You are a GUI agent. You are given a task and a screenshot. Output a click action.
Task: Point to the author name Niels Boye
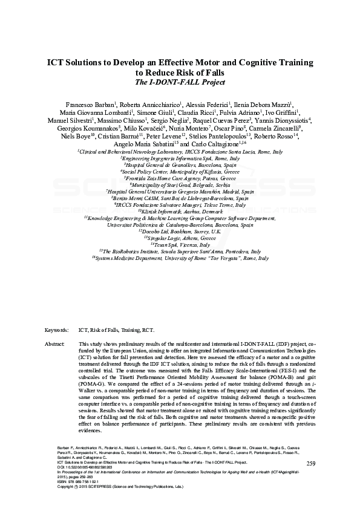(77, 137)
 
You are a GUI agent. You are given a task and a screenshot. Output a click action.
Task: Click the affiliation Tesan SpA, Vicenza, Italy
(180, 245)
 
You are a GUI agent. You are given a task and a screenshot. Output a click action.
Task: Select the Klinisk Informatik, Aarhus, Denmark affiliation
(180, 212)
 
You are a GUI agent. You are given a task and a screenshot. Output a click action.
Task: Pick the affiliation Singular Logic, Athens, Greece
(180, 238)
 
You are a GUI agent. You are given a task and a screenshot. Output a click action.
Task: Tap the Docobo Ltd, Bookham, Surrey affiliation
(180, 232)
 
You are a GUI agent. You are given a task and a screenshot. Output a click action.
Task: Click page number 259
(311, 463)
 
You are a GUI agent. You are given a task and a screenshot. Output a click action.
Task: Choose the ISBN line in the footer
(76, 486)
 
